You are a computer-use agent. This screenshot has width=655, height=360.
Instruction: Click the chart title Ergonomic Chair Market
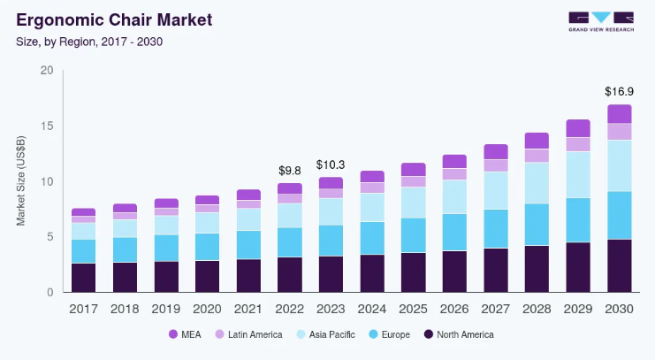point(114,20)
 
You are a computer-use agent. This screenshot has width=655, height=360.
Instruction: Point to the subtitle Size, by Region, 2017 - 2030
point(89,42)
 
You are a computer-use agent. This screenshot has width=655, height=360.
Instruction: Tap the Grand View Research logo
point(601,22)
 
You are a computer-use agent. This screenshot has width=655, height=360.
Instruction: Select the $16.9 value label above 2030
point(619,91)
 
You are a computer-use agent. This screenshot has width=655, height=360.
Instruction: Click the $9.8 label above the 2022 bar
point(289,171)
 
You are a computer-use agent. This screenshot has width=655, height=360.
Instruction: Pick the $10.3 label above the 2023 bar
point(331,165)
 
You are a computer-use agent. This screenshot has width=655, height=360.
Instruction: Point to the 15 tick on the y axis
point(47,126)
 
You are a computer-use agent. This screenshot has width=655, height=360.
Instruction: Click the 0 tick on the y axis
point(50,292)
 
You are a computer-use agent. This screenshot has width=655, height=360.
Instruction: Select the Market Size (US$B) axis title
point(21,180)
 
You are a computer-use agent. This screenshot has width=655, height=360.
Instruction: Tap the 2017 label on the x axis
point(84,309)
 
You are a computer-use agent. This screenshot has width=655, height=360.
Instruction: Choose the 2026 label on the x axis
point(454,309)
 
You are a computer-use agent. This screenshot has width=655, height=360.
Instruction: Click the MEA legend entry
point(185,334)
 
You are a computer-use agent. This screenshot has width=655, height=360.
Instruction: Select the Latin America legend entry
point(248,334)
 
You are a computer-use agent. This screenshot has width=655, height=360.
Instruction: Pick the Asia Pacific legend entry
point(326,334)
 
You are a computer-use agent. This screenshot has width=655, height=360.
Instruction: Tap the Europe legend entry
point(390,334)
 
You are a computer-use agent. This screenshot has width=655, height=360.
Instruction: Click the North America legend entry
point(459,334)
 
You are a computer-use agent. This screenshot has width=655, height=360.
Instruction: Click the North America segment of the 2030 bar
point(619,266)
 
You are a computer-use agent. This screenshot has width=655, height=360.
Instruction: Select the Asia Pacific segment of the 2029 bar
point(578,175)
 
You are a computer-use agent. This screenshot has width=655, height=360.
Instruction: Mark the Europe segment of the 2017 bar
point(84,251)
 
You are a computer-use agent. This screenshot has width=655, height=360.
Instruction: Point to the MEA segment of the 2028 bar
point(537,141)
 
